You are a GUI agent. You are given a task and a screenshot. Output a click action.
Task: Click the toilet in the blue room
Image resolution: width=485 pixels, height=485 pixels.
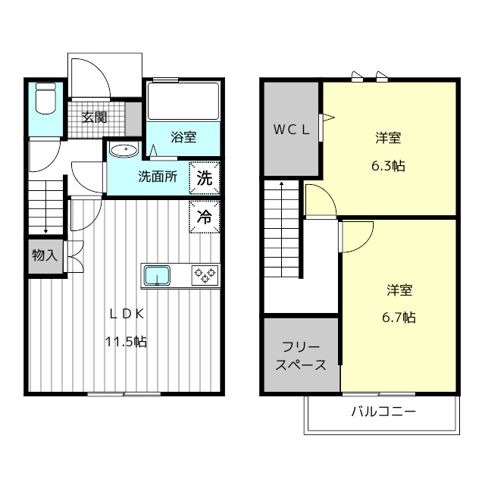[47, 100]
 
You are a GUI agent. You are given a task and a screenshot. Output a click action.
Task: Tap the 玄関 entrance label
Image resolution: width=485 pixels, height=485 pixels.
[94, 117]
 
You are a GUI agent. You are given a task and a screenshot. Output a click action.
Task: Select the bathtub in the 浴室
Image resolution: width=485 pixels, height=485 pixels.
[183, 102]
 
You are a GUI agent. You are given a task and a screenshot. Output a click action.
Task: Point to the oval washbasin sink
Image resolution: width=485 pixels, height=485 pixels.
[123, 150]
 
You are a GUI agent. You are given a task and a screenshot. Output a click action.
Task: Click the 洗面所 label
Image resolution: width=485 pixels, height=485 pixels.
[157, 177]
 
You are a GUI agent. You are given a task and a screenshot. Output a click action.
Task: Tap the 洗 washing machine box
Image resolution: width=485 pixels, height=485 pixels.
[205, 179]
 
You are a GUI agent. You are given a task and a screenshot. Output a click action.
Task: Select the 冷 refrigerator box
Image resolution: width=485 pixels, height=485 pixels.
[205, 217]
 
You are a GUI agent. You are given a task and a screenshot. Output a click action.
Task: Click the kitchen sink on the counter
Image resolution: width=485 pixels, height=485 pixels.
[158, 274]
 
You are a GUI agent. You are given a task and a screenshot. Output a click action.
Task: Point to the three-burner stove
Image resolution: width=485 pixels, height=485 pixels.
[205, 274]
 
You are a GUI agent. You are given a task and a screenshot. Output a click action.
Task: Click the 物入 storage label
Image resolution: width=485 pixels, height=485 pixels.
[45, 255]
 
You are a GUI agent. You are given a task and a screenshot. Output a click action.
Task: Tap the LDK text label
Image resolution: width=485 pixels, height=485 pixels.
[125, 314]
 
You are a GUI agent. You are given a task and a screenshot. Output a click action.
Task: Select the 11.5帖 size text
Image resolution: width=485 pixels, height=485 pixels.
[125, 342]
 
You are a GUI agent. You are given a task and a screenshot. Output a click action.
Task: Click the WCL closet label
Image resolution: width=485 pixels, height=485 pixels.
[292, 129]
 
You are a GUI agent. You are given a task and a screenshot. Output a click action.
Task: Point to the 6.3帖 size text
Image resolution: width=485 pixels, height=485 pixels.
[388, 166]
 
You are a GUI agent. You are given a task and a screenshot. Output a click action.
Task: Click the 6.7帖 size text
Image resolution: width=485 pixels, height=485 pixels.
[399, 317]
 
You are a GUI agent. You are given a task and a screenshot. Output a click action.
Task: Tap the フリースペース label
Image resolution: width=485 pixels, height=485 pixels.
[302, 356]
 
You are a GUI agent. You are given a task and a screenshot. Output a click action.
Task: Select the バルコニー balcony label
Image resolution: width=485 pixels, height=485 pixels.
[383, 413]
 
